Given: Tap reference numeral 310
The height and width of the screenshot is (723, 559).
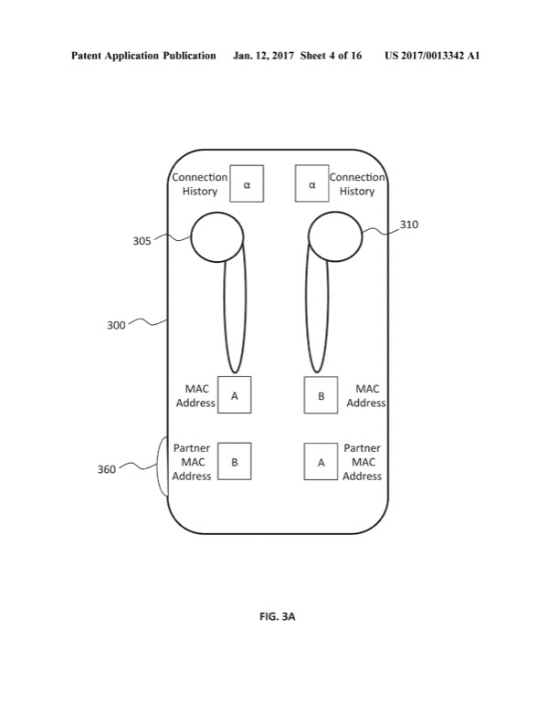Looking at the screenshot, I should [409, 225].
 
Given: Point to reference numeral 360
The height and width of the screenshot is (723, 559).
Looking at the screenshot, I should [107, 470].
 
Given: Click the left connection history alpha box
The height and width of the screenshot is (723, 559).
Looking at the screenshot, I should [246, 183].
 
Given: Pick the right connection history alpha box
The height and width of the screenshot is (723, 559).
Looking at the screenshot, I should [312, 183].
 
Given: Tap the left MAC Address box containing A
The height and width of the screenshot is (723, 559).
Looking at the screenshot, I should [234, 395].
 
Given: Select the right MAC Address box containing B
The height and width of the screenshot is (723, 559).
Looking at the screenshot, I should [321, 395].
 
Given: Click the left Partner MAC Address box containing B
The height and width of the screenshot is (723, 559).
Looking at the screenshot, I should [234, 462].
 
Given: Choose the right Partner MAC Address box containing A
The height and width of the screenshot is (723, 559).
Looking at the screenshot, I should [321, 462].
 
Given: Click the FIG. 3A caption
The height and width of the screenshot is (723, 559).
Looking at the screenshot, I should [278, 617].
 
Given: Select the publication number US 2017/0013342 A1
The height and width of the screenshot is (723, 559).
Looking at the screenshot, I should [432, 56].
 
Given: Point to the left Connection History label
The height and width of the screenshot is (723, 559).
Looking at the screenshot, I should [200, 183].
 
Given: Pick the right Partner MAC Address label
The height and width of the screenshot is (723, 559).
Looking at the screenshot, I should [363, 462].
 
